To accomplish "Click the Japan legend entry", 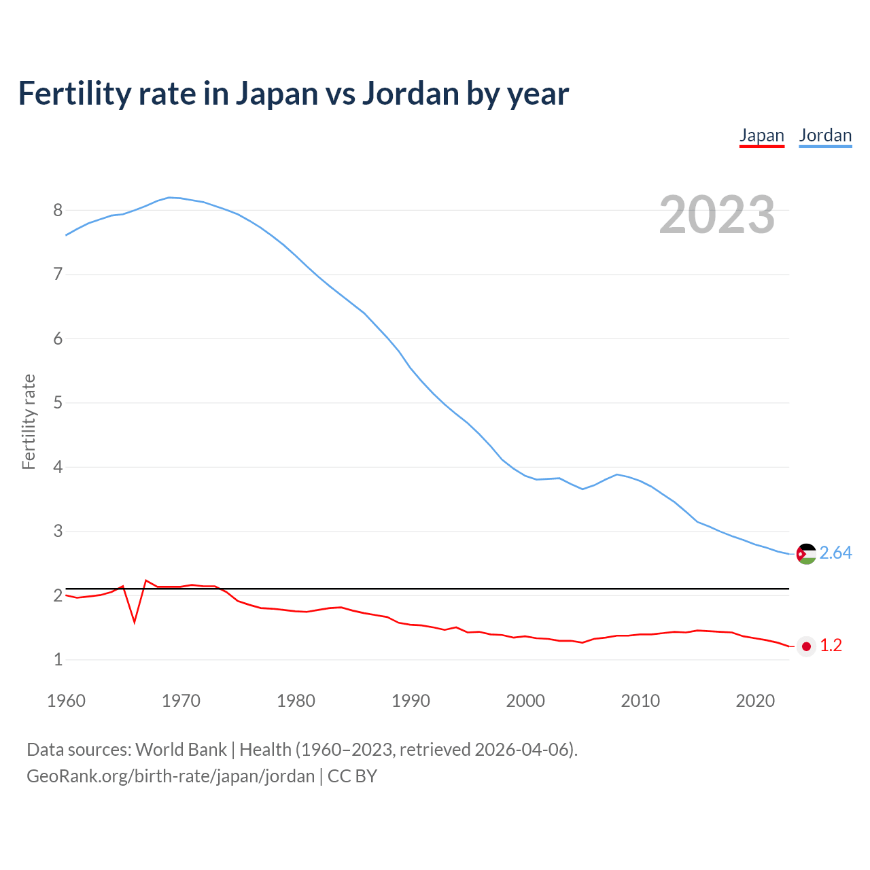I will pyautogui.click(x=761, y=135).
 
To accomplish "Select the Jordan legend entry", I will pyautogui.click(x=825, y=135).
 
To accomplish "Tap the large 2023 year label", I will pyautogui.click(x=717, y=215).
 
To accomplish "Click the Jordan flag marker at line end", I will pyautogui.click(x=806, y=554).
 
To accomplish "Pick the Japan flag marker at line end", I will pyautogui.click(x=806, y=646).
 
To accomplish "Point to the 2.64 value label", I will pyautogui.click(x=835, y=553).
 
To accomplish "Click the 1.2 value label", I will pyautogui.click(x=831, y=646).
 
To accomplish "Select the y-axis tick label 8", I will pyautogui.click(x=58, y=211).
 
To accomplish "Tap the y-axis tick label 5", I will pyautogui.click(x=58, y=403).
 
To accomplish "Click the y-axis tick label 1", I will pyautogui.click(x=58, y=660).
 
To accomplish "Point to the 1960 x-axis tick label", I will pyautogui.click(x=66, y=701).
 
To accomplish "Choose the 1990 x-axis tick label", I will pyautogui.click(x=411, y=701).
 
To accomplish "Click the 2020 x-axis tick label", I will pyautogui.click(x=755, y=701).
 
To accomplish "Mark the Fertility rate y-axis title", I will pyautogui.click(x=29, y=421).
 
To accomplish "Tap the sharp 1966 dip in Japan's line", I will pyautogui.click(x=135, y=621).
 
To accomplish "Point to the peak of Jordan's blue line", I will pyautogui.click(x=169, y=198).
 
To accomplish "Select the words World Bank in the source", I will pyautogui.click(x=181, y=750).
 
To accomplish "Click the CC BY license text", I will pyautogui.click(x=352, y=776).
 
